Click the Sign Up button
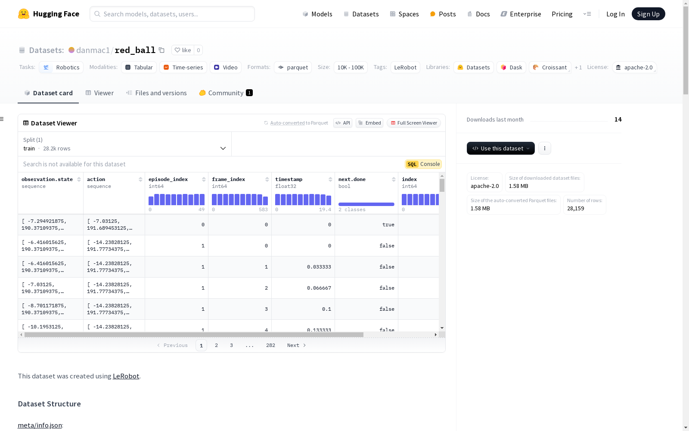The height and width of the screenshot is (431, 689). (648, 14)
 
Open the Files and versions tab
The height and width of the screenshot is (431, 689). (157, 93)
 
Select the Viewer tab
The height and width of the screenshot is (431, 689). (99, 93)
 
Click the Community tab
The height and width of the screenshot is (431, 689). (226, 93)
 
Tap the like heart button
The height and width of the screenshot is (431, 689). (183, 50)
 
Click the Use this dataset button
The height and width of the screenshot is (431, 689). (500, 148)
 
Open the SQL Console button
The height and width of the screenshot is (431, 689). (423, 164)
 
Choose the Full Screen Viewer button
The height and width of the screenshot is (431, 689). (414, 123)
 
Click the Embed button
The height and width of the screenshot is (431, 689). (369, 123)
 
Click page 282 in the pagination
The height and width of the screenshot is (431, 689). (270, 345)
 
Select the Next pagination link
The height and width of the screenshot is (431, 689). (296, 345)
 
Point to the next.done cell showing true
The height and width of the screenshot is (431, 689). (388, 225)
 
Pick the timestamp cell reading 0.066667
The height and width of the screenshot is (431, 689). (319, 288)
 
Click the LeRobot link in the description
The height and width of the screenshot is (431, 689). (126, 376)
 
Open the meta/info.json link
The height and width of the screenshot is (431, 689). (40, 425)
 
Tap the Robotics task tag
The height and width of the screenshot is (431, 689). (61, 67)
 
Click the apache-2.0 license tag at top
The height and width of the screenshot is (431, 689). (634, 67)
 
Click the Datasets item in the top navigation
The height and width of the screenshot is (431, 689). (361, 14)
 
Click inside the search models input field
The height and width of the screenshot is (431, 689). (172, 14)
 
